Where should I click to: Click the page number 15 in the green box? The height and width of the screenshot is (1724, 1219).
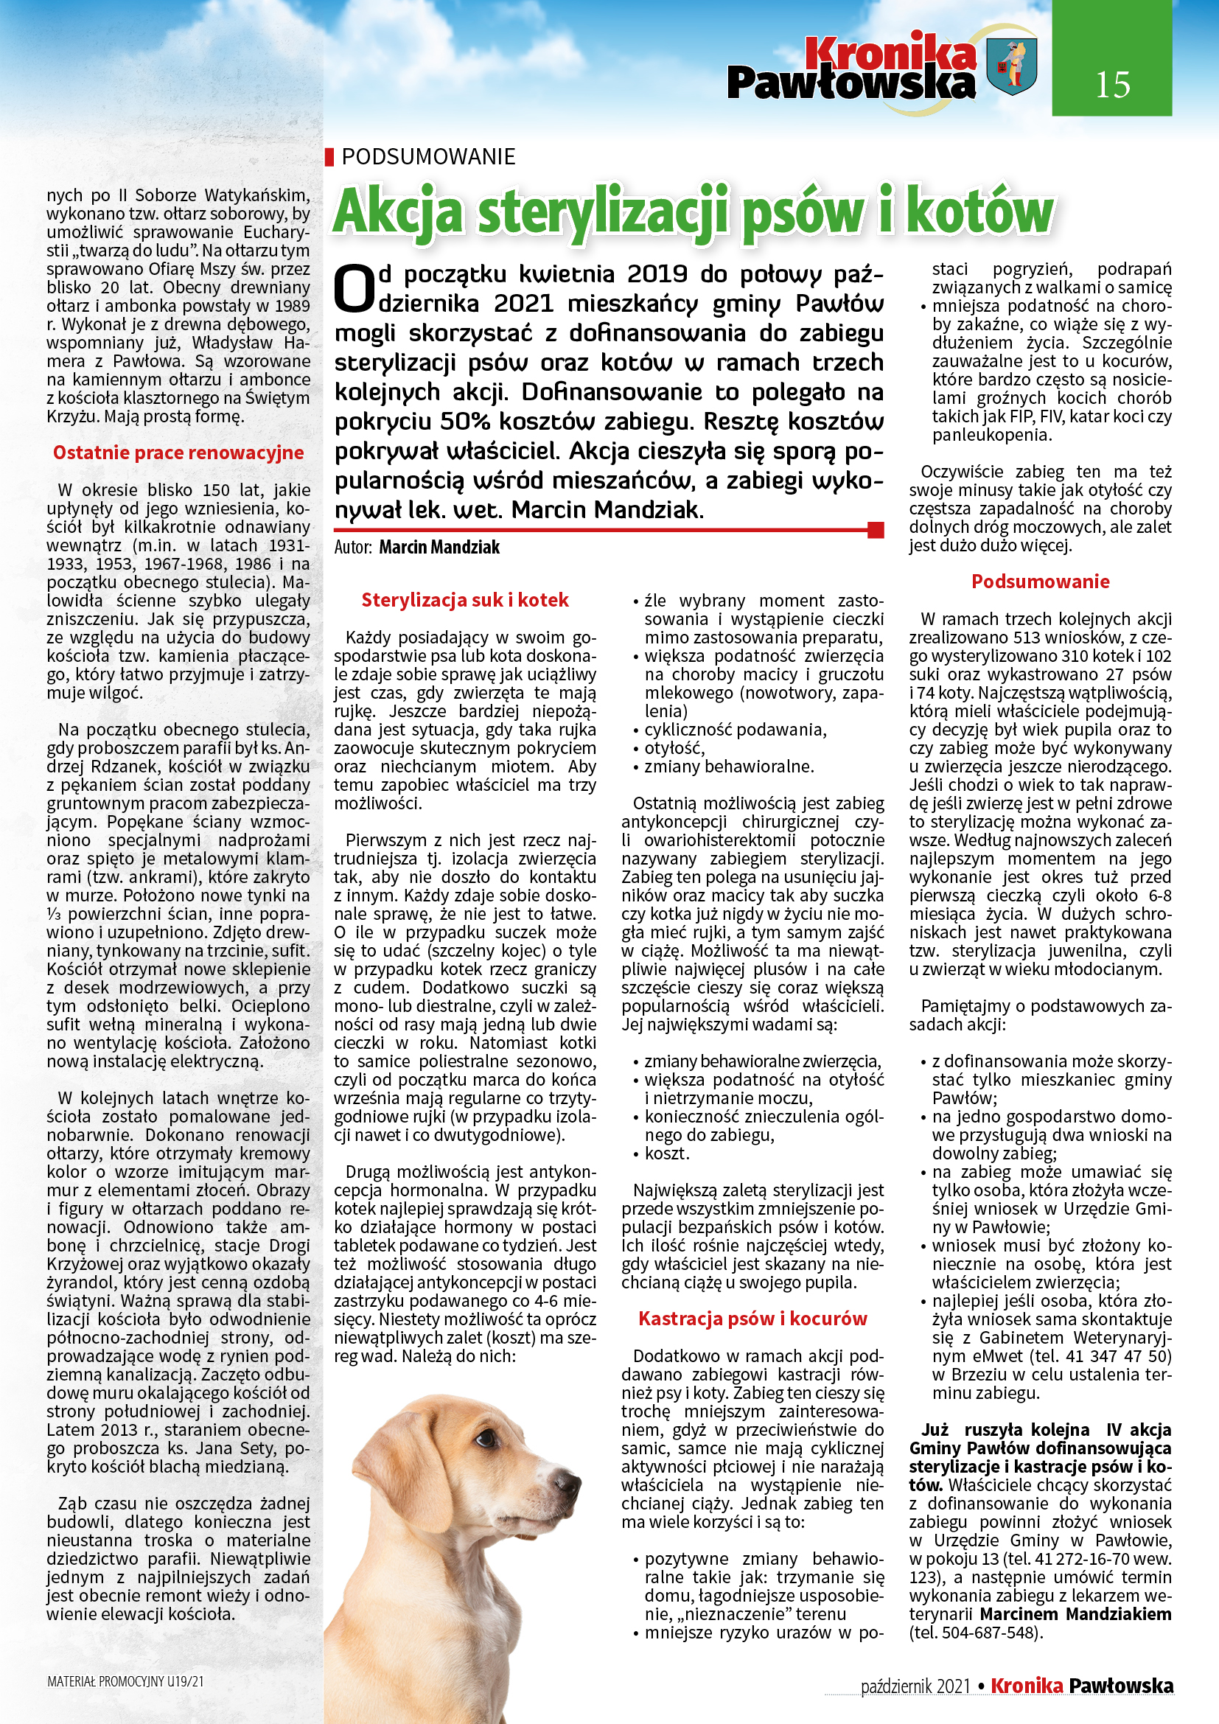click(x=1111, y=85)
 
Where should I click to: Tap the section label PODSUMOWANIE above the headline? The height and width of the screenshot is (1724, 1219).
click(x=428, y=157)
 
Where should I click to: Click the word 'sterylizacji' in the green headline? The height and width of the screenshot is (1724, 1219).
click(x=604, y=212)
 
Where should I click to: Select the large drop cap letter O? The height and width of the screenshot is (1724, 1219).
click(x=354, y=290)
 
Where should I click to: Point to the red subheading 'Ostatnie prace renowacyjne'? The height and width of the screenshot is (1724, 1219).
click(x=178, y=453)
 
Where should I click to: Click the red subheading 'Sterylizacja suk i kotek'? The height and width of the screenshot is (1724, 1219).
click(x=464, y=600)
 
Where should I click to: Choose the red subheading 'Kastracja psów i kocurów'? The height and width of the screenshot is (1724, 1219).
click(x=752, y=1319)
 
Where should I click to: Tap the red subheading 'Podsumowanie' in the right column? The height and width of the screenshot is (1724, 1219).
click(x=1040, y=581)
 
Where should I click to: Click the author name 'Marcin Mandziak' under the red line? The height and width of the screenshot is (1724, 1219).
click(x=439, y=548)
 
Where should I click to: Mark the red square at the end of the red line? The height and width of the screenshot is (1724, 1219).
click(x=876, y=530)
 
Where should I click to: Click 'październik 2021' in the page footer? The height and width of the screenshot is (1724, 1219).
click(x=916, y=1686)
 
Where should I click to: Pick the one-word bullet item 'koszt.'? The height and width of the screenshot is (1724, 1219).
click(x=666, y=1154)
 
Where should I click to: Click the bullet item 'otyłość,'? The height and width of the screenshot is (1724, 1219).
click(x=674, y=748)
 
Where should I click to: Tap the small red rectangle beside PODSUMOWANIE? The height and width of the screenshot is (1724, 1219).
click(x=329, y=157)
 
